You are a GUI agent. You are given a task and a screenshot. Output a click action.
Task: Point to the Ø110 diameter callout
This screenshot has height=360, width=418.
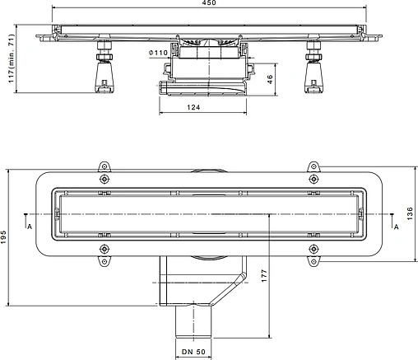[160, 54]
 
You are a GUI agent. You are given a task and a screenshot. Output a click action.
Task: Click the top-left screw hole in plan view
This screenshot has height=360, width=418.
[104, 180]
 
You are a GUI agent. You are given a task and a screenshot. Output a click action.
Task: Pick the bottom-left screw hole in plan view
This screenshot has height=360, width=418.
[104, 248]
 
